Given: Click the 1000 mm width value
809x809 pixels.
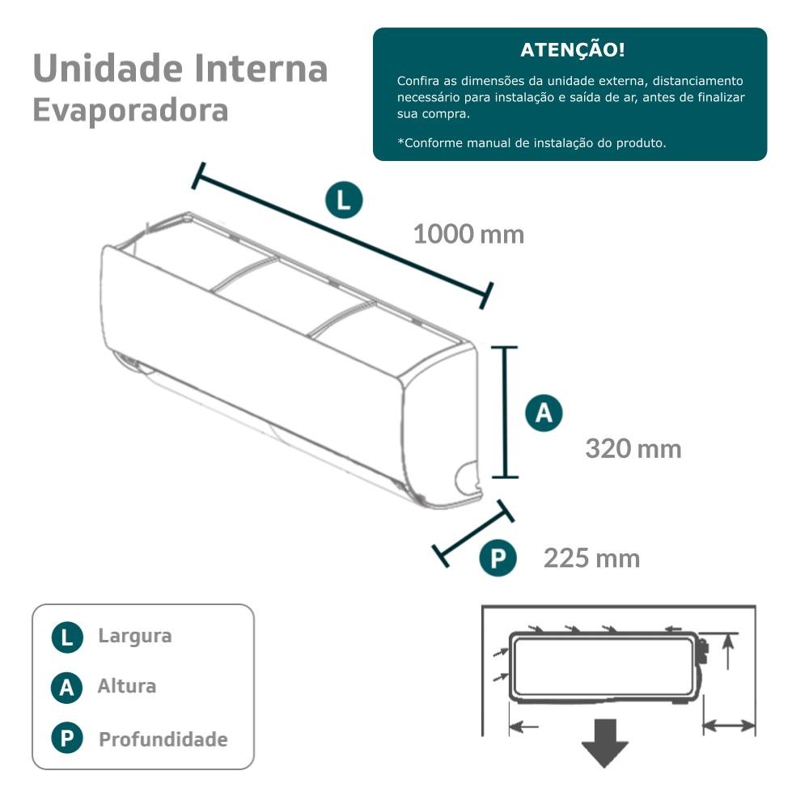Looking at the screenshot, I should (x=468, y=235).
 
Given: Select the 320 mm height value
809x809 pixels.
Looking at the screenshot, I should (x=633, y=448).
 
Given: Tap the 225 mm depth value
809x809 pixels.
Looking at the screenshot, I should (x=591, y=558).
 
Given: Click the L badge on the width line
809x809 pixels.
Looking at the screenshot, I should (x=344, y=200).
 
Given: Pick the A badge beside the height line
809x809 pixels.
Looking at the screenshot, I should (x=544, y=413).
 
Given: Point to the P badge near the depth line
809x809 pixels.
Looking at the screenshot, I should (x=498, y=559).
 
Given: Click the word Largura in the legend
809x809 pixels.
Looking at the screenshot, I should (x=134, y=636).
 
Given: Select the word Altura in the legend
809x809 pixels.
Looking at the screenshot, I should (x=127, y=687).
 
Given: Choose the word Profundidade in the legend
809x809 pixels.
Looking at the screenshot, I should (x=163, y=739).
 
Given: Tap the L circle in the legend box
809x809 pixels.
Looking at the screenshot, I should (x=67, y=637).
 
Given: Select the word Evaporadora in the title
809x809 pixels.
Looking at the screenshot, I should (x=130, y=110).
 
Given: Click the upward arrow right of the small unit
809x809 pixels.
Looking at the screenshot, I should (x=729, y=651).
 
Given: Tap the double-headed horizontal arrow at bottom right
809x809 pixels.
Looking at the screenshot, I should (x=729, y=726).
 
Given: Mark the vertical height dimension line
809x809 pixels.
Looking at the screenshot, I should (x=506, y=413).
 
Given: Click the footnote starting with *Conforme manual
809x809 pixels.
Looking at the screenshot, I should (x=532, y=143).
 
